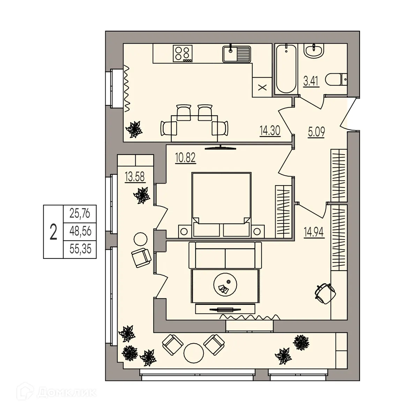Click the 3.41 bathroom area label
311,83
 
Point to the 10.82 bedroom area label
185,158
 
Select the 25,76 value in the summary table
80,213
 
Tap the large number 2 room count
53,232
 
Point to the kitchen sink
237,54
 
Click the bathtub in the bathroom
286,69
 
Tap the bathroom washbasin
315,51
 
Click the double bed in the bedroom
221,202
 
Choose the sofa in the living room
225,255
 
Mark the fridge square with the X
262,87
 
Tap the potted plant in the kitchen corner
134,129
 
